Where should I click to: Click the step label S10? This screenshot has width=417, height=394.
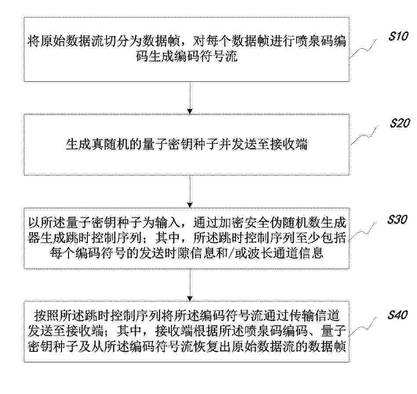tap(398, 36)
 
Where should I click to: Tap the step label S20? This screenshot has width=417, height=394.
tap(400, 123)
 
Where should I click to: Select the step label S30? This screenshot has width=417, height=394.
tap(397, 219)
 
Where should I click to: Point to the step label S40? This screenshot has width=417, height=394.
tap(398, 315)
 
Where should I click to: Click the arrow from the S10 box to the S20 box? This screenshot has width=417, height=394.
tap(190, 98)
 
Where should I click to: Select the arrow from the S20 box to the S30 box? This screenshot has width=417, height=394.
tap(190, 191)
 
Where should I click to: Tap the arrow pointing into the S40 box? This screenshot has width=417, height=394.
tap(190, 285)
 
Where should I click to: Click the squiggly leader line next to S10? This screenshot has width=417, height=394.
tap(363, 49)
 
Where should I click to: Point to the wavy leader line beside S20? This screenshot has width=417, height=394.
tap(364, 135)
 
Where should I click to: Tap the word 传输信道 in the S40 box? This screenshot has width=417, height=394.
tap(315, 315)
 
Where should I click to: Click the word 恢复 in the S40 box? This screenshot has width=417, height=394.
tap(199, 347)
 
